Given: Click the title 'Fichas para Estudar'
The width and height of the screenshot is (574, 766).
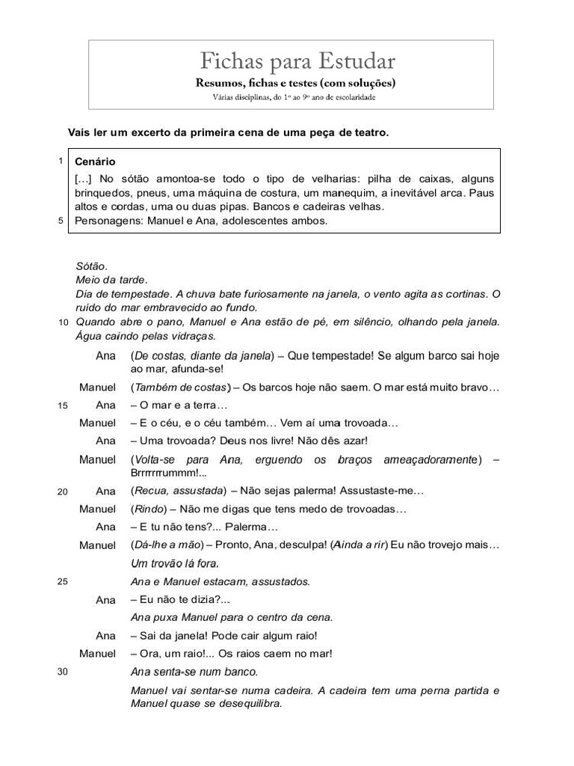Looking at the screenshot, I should coord(297,61).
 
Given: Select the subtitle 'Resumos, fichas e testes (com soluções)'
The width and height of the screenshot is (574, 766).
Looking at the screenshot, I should coord(295,83).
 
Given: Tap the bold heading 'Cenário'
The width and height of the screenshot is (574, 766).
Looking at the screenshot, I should coord(95,162).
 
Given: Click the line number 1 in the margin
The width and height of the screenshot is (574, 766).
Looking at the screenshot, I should coord(61,161).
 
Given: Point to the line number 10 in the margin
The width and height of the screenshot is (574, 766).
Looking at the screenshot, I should coord(63,322).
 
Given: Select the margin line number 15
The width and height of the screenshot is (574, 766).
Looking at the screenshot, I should coord(63,405).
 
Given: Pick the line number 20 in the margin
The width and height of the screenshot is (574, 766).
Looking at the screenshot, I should coord(63,492).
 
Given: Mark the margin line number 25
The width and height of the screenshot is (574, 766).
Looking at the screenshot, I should coord(63,582).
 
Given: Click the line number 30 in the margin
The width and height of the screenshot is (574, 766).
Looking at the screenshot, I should coord(63,672).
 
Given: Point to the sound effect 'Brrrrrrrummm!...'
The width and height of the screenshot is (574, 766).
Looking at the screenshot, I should coord(169,473).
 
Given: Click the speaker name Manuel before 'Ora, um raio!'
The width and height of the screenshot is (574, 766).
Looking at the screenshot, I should coord(98,654).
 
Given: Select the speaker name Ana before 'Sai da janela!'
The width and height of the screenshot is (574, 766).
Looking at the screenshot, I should coord(106,636).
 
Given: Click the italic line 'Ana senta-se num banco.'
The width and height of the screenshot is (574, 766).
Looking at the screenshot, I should coord(194,672).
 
